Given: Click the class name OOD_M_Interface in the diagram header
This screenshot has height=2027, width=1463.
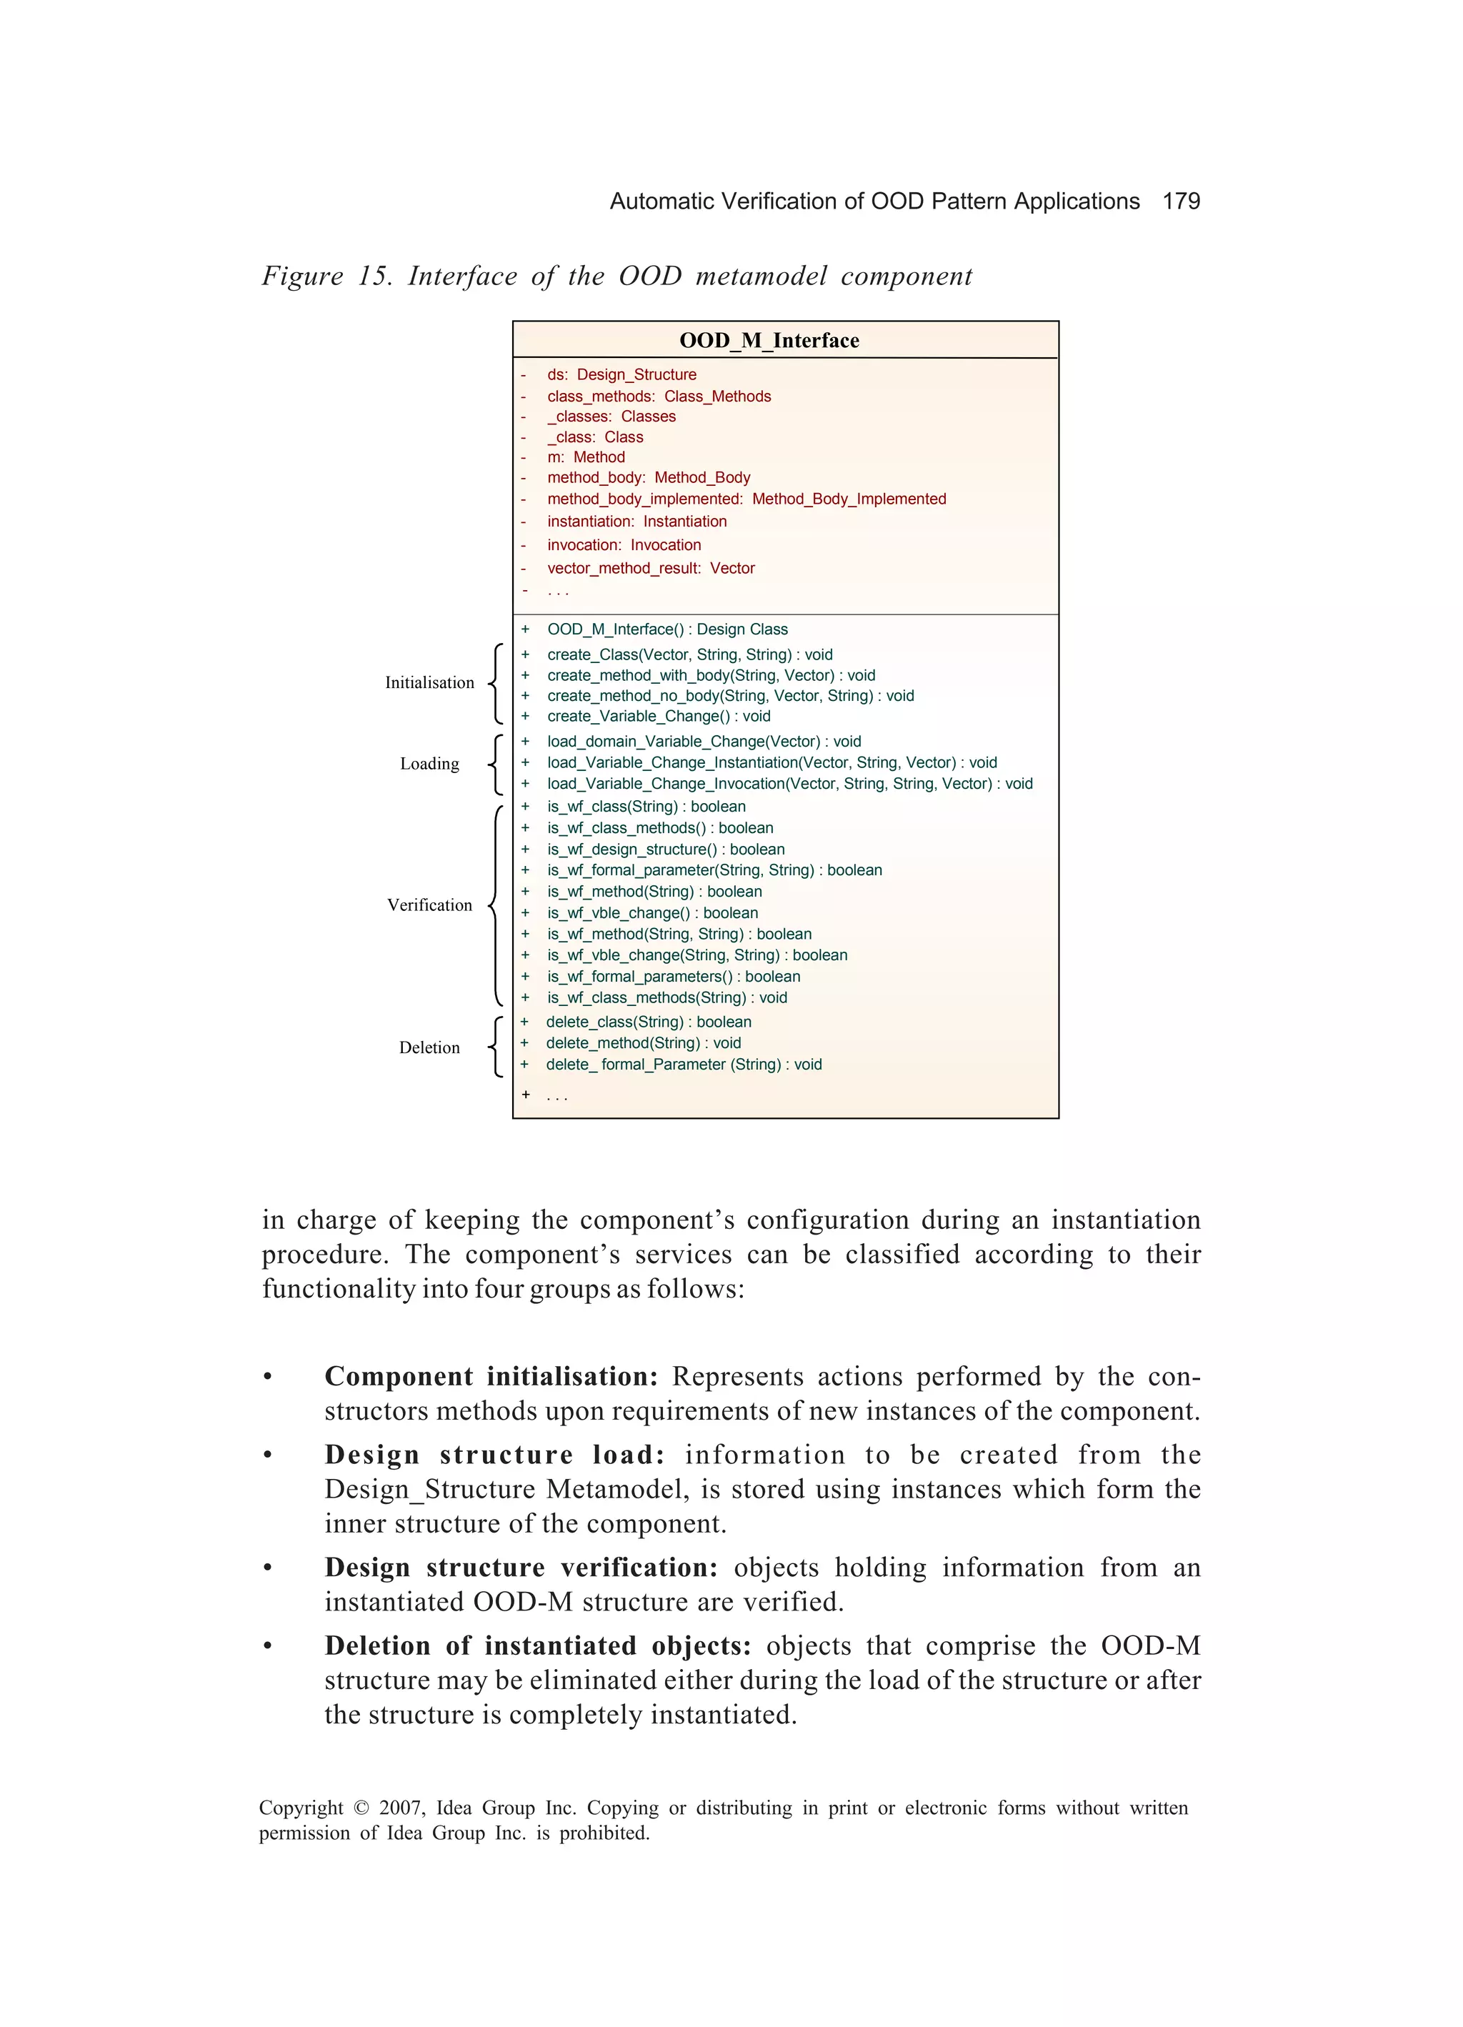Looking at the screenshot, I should (769, 341).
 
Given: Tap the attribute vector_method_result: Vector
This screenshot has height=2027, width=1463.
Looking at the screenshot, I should (651, 569).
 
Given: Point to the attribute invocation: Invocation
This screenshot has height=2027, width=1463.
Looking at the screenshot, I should (624, 545).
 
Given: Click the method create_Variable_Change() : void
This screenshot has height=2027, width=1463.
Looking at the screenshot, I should (658, 716).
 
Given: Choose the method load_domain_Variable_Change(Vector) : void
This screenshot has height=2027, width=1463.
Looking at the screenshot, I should (704, 741).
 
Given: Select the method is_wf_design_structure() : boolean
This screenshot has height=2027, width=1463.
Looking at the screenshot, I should (666, 849).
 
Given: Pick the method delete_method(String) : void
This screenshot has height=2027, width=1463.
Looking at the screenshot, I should (643, 1043).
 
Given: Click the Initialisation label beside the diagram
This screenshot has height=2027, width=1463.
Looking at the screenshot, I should (429, 683).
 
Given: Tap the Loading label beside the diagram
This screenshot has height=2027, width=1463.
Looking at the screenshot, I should (429, 763).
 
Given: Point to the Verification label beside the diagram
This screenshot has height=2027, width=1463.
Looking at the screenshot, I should (429, 905).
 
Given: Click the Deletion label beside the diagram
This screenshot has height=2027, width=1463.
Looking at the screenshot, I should (429, 1047).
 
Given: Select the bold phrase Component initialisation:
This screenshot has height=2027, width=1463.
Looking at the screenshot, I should (491, 1376).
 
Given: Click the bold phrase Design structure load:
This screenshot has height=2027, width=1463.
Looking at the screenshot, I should (494, 1455).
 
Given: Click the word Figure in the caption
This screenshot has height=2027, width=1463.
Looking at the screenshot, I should (301, 277).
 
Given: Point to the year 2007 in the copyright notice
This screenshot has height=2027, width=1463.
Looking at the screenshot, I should (402, 1808).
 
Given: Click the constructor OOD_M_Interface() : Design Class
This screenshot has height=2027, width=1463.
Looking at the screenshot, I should (666, 629).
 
